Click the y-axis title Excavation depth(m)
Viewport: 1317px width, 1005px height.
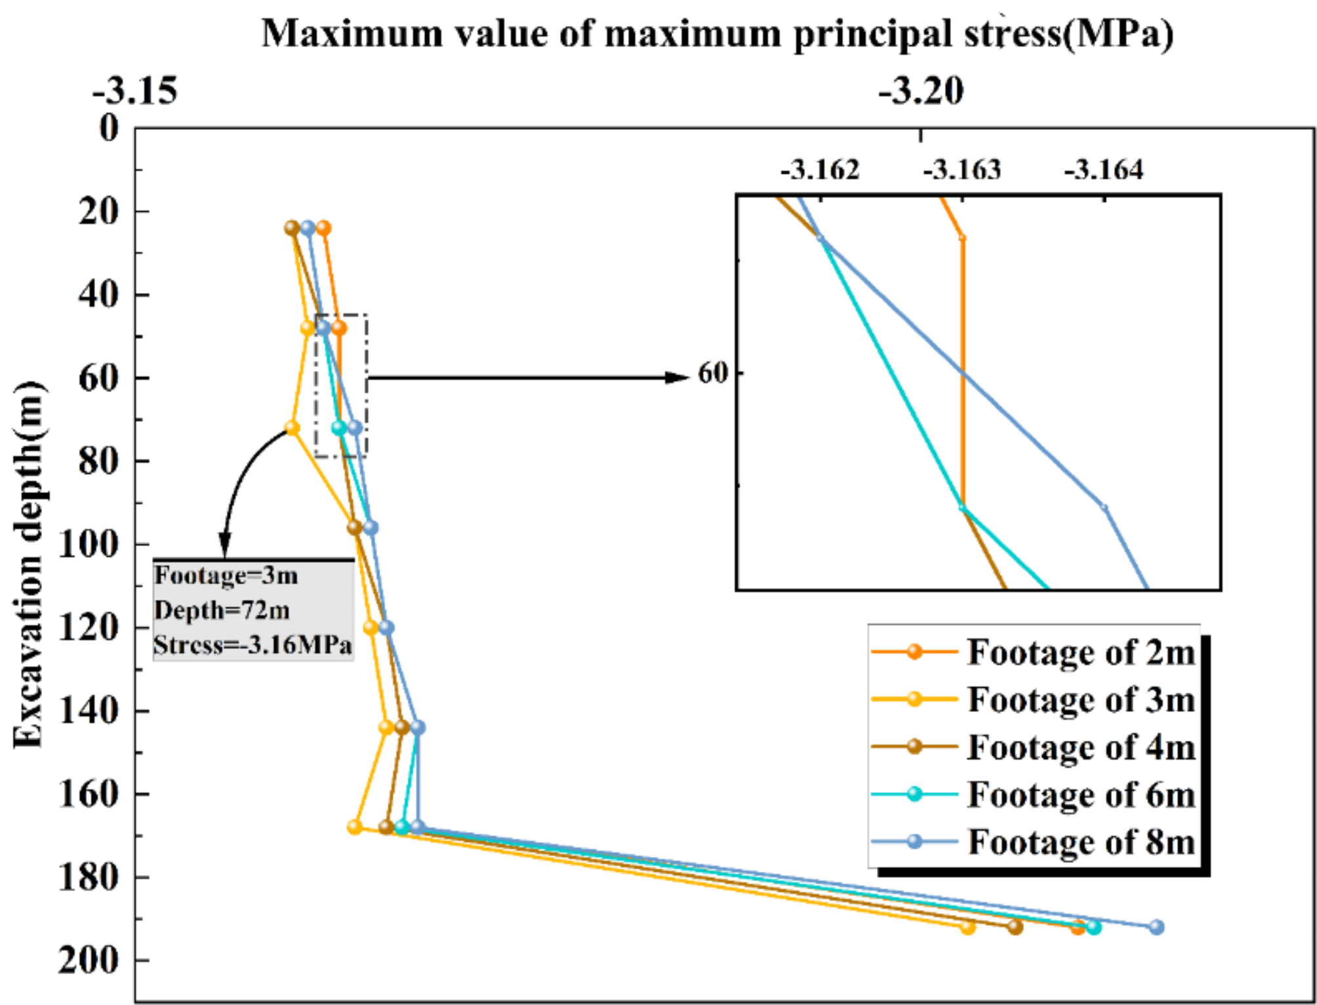[x=29, y=564]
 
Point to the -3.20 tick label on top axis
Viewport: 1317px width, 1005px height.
[x=921, y=90]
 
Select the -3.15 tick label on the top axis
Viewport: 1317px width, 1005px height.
[x=135, y=90]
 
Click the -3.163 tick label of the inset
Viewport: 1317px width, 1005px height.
[x=962, y=170]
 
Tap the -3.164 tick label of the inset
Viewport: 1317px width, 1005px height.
[x=1104, y=170]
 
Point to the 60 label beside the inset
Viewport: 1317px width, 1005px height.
[x=713, y=373]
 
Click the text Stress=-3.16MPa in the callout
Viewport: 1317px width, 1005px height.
[x=253, y=645]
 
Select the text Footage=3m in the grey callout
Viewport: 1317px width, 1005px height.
[x=226, y=576]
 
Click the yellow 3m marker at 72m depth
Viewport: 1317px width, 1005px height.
[x=292, y=427]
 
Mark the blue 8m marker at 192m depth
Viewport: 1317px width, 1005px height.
[x=1156, y=926]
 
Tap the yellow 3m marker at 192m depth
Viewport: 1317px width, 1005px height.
[x=968, y=927]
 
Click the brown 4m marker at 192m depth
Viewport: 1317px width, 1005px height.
[x=1015, y=927]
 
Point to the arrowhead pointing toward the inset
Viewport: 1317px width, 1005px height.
[x=678, y=377]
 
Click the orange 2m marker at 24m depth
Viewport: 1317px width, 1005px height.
[x=323, y=228]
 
